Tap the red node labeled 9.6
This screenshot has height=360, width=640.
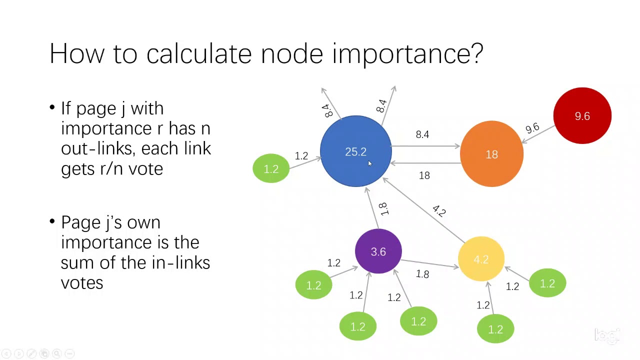coord(582,116)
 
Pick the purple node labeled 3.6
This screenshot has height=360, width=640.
coord(378,251)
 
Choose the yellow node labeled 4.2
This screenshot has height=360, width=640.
coord(481,259)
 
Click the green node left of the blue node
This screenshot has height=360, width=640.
coord(271,168)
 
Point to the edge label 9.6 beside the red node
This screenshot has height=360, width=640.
coord(532,128)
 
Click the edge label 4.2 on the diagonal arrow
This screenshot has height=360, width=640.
coord(438,211)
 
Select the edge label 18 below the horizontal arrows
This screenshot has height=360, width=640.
coord(424,175)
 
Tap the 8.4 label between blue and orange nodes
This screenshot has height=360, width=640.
coord(422,134)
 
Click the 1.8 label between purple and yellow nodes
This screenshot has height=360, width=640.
coord(422,274)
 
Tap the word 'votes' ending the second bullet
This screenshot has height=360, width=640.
coord(82,283)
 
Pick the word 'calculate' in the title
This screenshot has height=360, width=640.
coord(199,53)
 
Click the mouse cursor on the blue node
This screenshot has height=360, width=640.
coord(370,164)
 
